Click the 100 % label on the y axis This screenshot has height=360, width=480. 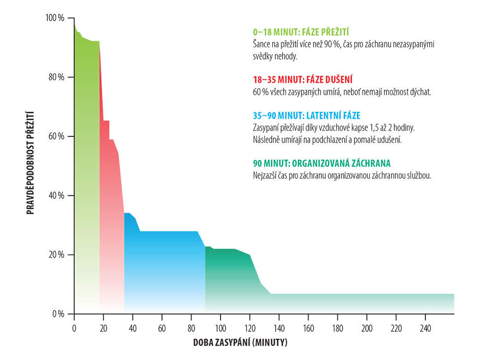pos(55,18)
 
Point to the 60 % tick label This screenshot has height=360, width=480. pos(57,136)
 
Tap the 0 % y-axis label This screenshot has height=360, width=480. pos(59,314)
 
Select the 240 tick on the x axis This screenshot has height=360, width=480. pos(425,328)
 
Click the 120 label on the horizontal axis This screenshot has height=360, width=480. pos(250,328)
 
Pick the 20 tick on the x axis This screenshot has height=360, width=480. pos(103,328)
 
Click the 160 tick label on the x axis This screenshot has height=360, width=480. pos(308,328)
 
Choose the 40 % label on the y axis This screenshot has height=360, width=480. pos(57,196)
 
